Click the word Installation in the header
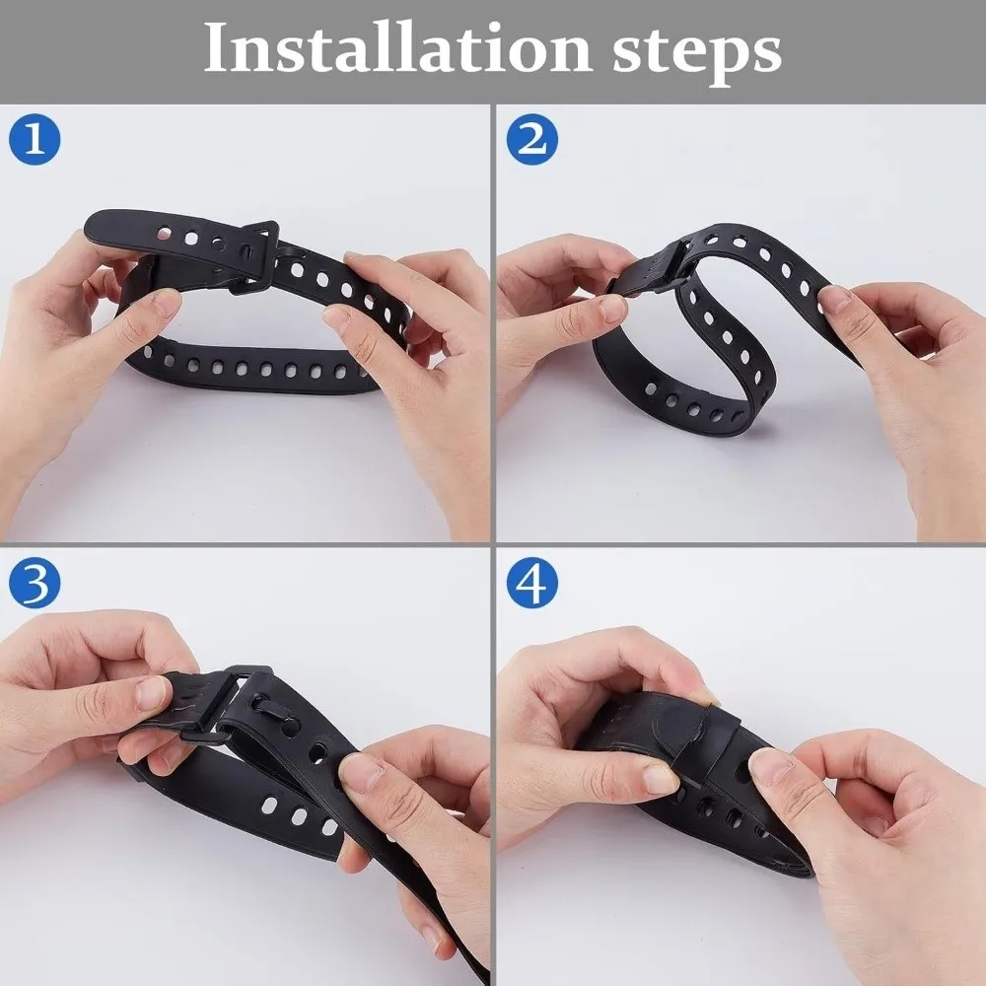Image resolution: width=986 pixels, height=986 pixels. [x=397, y=49]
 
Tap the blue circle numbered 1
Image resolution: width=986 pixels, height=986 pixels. [x=35, y=139]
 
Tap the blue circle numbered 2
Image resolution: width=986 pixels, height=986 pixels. [x=532, y=139]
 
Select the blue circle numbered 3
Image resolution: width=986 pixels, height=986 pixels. [x=35, y=583]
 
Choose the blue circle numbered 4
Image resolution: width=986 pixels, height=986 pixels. [x=532, y=583]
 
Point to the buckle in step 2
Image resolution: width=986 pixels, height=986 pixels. [x=654, y=270]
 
